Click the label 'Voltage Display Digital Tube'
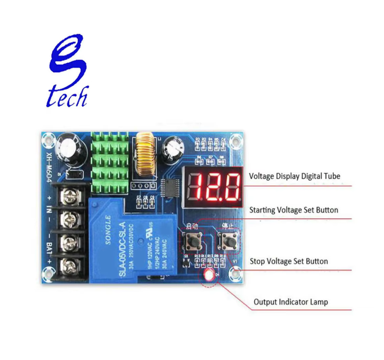pos(295,176)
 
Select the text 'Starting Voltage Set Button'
pos(294,210)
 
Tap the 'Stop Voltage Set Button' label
pos(289,262)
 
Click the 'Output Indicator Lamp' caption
pos(291,301)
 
